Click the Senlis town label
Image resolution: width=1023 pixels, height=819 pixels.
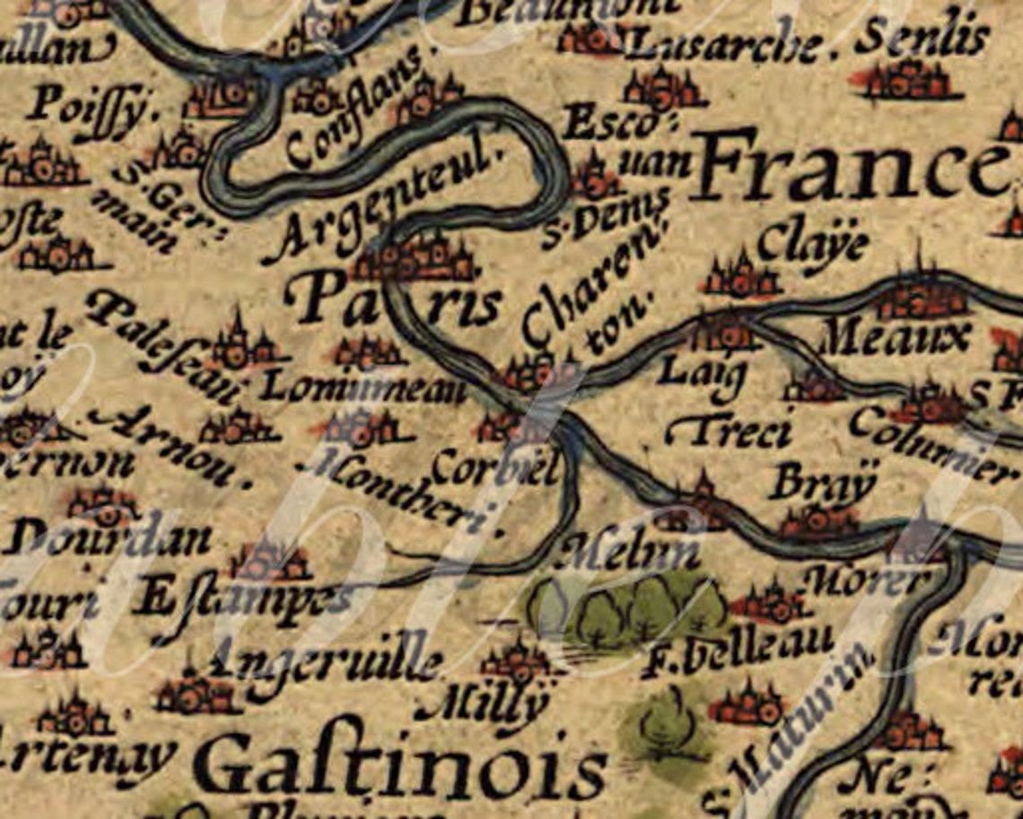coord(922,39)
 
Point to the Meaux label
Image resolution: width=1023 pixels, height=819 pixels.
coord(896,338)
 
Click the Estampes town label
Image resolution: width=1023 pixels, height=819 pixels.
coord(238,598)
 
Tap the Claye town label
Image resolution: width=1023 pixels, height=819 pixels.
coord(813,244)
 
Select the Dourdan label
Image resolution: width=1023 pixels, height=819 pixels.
coord(108,539)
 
